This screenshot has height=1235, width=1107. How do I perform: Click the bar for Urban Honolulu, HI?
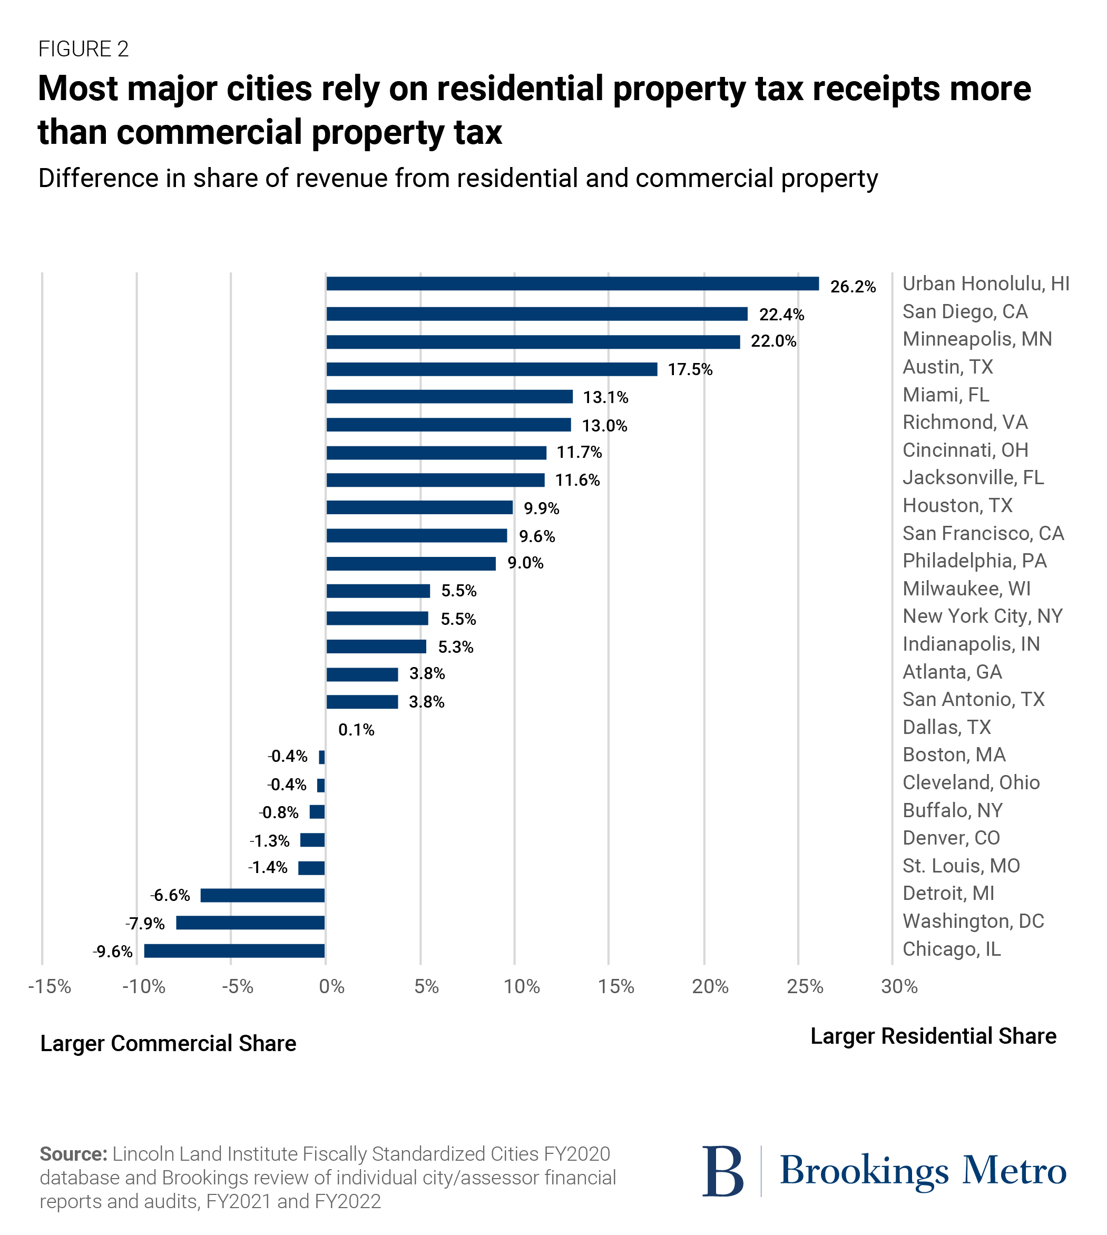point(572,283)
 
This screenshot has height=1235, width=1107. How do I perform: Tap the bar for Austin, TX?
point(492,369)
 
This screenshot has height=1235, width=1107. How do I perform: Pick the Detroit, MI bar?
point(262,895)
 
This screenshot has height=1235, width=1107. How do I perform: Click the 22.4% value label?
point(781,315)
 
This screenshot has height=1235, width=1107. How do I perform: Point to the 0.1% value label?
point(356,730)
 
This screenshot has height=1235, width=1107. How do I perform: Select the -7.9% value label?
point(145,924)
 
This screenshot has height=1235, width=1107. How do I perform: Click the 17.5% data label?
point(690,370)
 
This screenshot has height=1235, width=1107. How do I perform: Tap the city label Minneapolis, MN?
point(977,339)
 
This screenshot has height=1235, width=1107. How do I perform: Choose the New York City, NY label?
point(982,616)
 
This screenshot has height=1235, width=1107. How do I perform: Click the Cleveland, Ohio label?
point(971,782)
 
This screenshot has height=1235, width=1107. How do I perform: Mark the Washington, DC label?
point(973,921)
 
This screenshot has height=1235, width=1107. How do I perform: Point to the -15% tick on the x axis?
point(50,986)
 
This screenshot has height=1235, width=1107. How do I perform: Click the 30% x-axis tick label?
point(899,986)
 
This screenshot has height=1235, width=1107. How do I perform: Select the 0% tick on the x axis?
point(331,986)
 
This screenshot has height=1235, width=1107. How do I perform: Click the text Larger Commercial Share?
point(168,1043)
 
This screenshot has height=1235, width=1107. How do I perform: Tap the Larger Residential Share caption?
point(933,1036)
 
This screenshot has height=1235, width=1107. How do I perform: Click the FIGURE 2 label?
point(83,49)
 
